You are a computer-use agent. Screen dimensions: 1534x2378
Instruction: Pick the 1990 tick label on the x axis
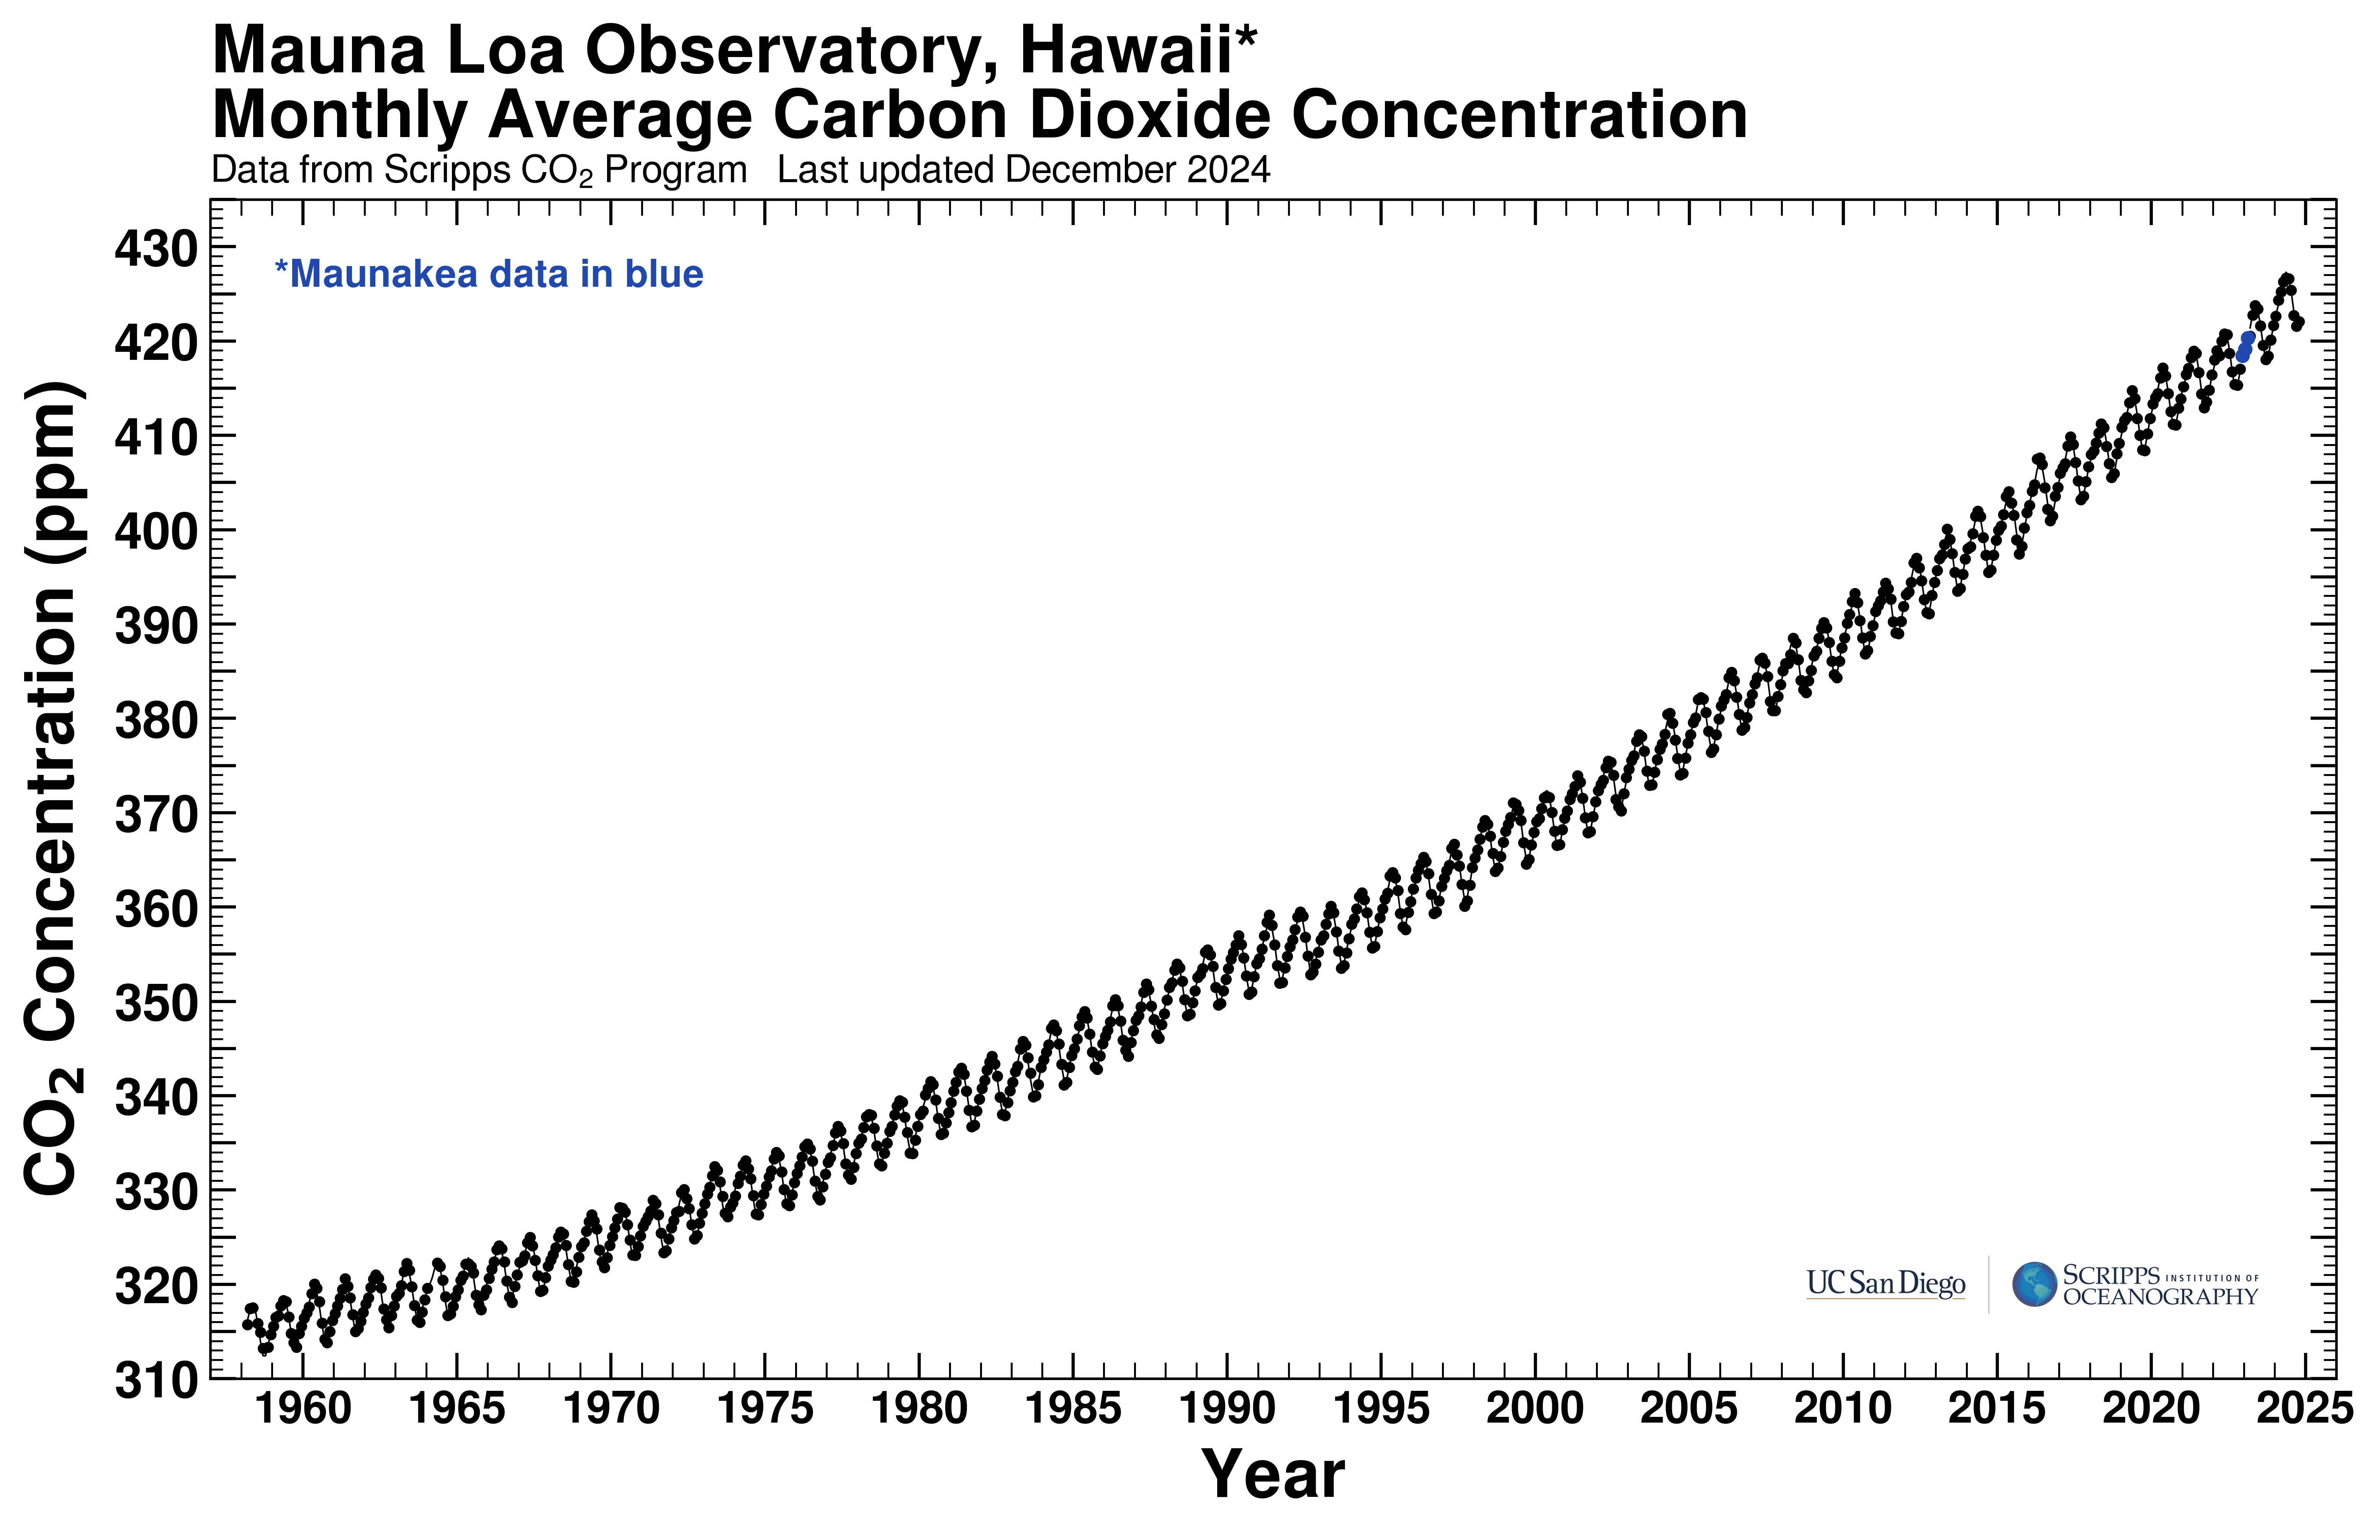[1227, 1408]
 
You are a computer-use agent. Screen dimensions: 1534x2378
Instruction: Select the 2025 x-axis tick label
[2304, 1408]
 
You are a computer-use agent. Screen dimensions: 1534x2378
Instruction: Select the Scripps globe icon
[2033, 1284]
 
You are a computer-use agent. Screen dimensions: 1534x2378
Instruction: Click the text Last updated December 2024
[1023, 170]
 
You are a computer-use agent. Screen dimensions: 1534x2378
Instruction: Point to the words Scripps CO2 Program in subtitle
[565, 170]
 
